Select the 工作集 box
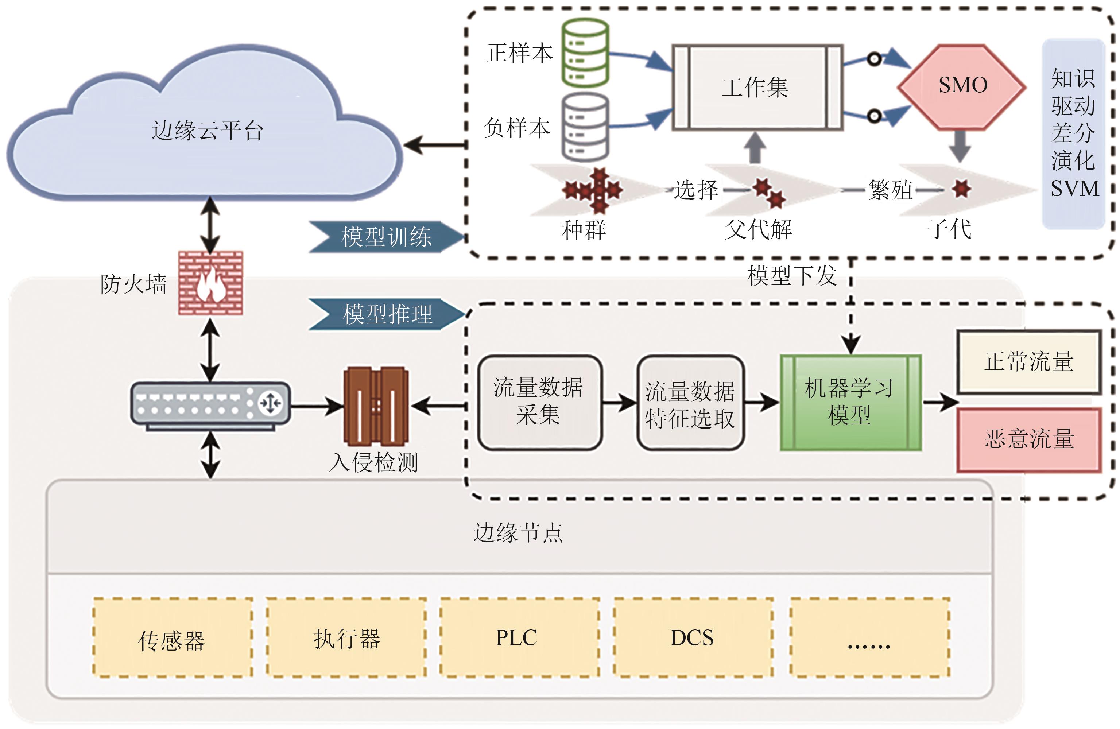tap(757, 88)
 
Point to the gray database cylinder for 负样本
tap(585, 127)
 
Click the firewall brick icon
tap(210, 283)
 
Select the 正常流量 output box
tap(1029, 362)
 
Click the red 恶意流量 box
tap(1029, 439)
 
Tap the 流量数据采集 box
tap(539, 402)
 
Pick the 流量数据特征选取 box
tap(690, 404)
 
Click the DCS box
tap(692, 638)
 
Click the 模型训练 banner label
tap(386, 237)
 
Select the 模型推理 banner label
tap(387, 314)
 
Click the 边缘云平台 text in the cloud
tap(207, 130)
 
